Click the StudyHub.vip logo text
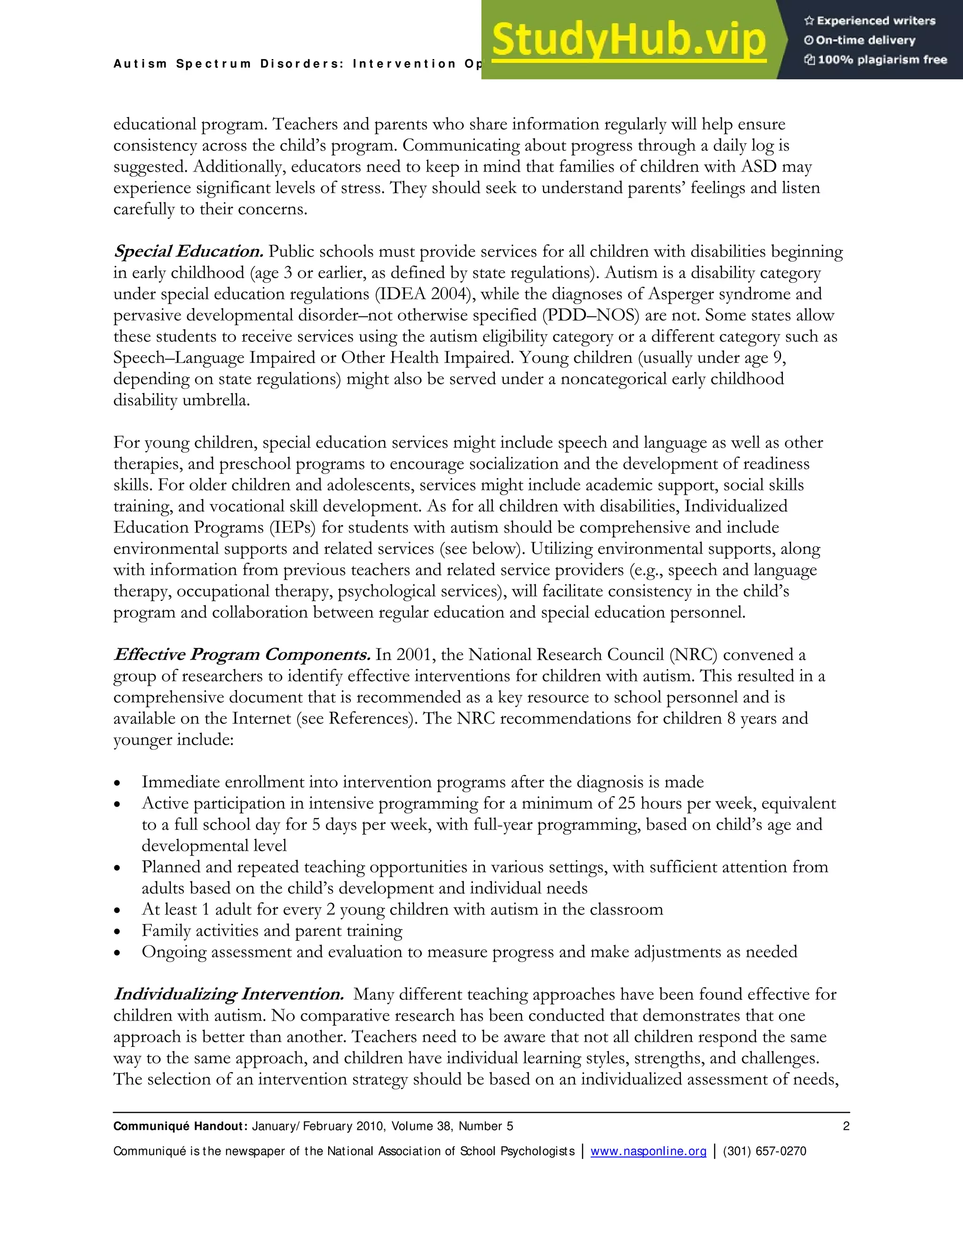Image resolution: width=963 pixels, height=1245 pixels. pos(628,40)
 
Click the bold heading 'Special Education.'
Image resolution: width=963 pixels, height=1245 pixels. pos(188,251)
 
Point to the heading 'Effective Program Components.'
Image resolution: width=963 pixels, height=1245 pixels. pos(242,654)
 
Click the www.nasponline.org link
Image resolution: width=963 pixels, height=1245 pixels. pos(648,1151)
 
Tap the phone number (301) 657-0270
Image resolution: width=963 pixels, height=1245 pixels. pos(765,1151)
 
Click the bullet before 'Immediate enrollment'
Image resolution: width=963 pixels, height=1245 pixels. pos(118,783)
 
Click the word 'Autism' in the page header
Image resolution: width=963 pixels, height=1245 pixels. pos(140,64)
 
